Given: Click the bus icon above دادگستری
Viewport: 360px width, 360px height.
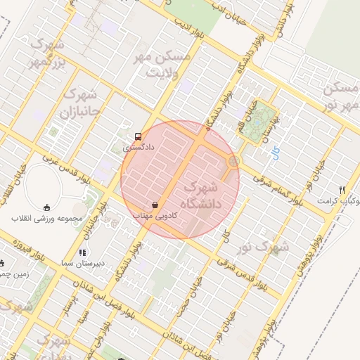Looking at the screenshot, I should tap(136, 136).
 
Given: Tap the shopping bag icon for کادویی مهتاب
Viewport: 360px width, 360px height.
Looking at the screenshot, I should tap(155, 205).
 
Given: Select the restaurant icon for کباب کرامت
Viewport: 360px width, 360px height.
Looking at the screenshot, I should tap(342, 190).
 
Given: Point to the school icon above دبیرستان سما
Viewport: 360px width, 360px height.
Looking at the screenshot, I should tap(82, 252).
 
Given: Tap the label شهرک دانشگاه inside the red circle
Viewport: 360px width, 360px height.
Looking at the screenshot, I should tap(202, 196).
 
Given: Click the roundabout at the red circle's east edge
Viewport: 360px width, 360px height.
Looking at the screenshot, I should tap(233, 162).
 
